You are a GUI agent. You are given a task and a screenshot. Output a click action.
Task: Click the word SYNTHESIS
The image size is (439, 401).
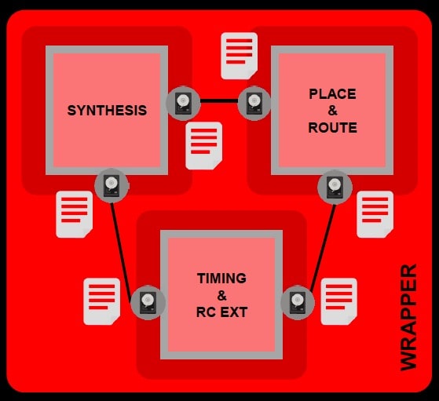point(107,110)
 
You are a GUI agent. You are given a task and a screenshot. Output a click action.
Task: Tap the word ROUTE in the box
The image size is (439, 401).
point(333,128)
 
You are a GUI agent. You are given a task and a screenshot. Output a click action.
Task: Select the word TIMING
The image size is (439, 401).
point(221,278)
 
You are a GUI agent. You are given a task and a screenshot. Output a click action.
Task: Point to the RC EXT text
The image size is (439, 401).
point(221,312)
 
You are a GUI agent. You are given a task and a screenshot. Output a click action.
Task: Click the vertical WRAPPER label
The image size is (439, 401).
point(408,317)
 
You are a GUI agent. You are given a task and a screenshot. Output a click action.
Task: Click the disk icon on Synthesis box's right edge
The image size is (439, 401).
point(184,104)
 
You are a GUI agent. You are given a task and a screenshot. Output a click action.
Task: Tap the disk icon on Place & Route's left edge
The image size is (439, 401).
point(254,104)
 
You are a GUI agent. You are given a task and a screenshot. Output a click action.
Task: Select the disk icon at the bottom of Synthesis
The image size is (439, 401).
point(112,185)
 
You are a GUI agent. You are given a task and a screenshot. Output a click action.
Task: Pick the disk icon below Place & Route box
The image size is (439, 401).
point(335,188)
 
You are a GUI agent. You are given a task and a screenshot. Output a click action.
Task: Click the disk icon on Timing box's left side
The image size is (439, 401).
point(148,302)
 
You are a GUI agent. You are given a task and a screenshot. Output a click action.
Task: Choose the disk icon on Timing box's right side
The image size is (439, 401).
point(298,302)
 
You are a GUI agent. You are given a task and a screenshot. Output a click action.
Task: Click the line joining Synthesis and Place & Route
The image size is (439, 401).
point(219,100)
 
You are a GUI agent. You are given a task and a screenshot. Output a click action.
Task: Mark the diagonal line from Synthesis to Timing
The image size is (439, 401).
point(121,253)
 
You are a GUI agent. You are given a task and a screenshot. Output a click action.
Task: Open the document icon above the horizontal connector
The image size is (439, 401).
point(239,56)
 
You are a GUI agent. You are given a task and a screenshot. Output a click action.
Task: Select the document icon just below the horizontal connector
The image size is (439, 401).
point(204,146)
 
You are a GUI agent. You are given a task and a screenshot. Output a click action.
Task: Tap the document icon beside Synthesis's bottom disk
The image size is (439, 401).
point(74,215)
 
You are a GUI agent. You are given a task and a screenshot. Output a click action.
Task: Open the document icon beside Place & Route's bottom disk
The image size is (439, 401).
point(375,215)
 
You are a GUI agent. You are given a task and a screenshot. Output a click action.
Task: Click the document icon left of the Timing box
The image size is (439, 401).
point(102,301)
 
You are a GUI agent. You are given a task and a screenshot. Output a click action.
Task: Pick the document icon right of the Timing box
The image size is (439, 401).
point(338,301)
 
